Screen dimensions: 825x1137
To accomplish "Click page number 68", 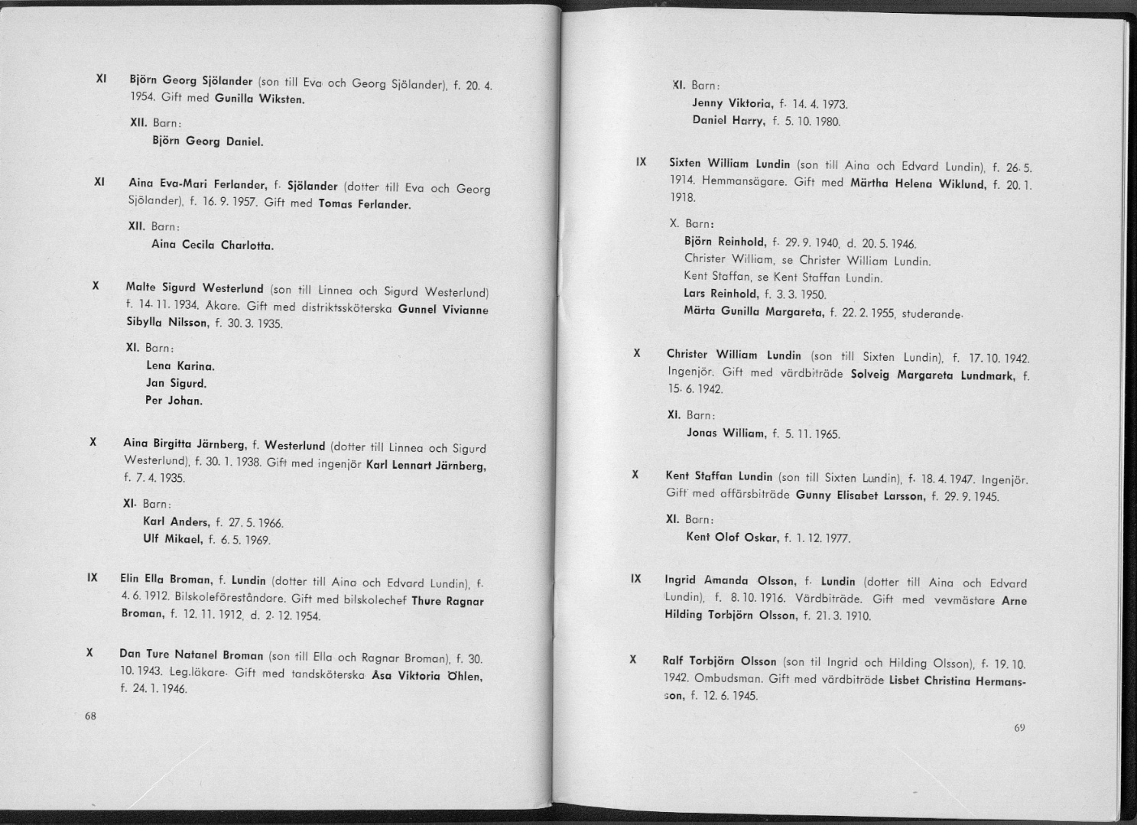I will pyautogui.click(x=90, y=716).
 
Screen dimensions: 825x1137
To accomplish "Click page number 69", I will pyautogui.click(x=1019, y=727).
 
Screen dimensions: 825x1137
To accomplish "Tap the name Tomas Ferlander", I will pyautogui.click(x=365, y=205).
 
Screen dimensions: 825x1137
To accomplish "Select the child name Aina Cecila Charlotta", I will pyautogui.click(x=213, y=245).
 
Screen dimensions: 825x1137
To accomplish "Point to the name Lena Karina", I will pyautogui.click(x=175, y=365).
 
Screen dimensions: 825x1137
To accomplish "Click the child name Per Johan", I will pyautogui.click(x=174, y=401).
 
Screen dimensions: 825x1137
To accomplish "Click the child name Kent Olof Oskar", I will pyautogui.click(x=732, y=537).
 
